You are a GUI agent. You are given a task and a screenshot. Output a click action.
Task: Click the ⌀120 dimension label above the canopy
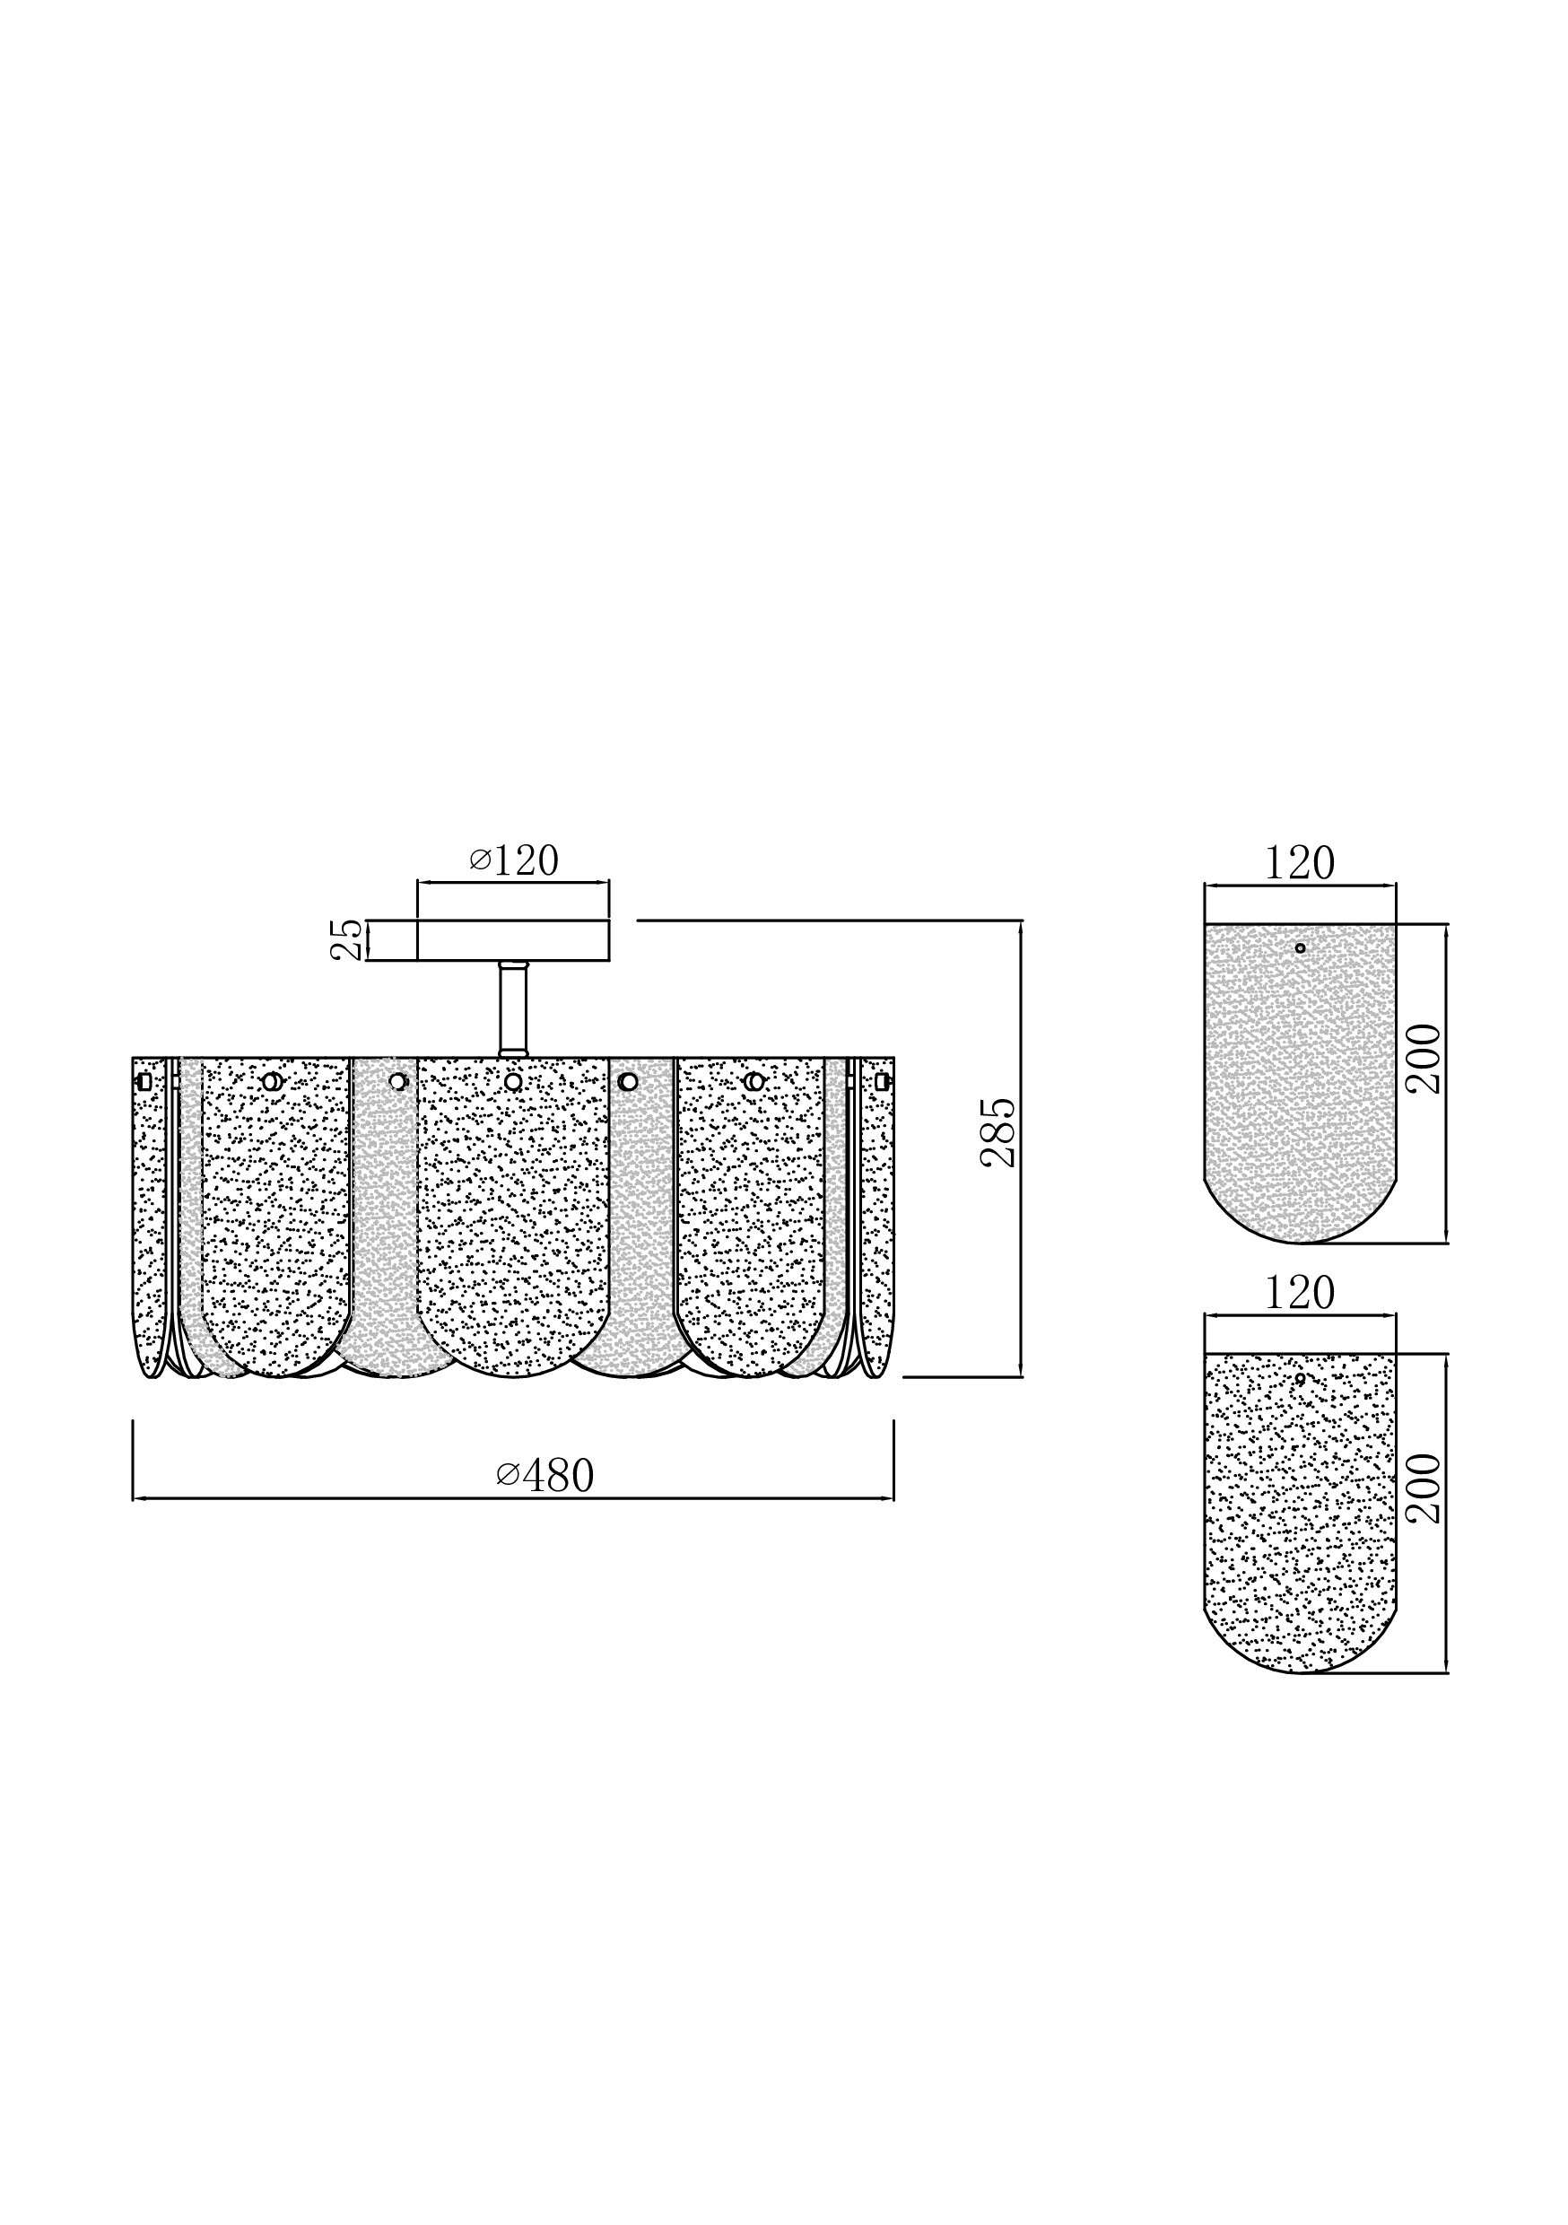(x=514, y=860)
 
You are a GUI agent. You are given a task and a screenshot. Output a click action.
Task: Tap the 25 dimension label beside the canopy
(x=347, y=939)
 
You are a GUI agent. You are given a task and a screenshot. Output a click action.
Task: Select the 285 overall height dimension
(x=998, y=1133)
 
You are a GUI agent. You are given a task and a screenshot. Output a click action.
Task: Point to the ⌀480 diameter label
(x=544, y=1475)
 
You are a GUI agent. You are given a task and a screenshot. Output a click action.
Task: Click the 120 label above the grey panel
(x=1299, y=863)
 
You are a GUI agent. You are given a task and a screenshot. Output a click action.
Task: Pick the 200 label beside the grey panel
(x=1424, y=1060)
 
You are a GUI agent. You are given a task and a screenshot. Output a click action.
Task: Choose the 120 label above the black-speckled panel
(x=1299, y=1293)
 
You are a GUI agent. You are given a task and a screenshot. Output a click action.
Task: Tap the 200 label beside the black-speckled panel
(x=1424, y=1488)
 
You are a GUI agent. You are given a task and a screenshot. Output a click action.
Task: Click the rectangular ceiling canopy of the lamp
(x=513, y=940)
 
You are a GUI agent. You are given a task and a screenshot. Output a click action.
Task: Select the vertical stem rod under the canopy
(x=513, y=1008)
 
